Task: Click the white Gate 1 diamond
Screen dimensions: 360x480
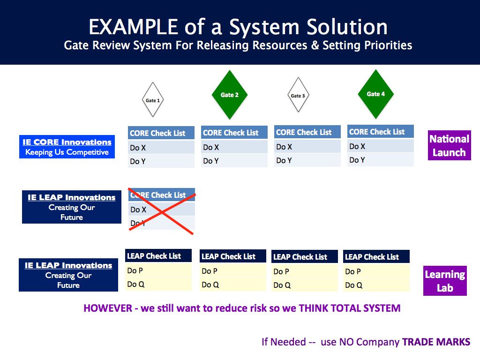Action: tap(153, 100)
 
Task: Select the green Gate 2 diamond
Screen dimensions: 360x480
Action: tap(230, 95)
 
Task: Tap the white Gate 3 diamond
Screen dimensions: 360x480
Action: tap(298, 96)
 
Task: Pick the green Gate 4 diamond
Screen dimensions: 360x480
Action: tap(376, 94)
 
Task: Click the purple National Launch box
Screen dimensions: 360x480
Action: tap(449, 145)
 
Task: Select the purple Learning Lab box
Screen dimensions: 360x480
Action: tap(445, 281)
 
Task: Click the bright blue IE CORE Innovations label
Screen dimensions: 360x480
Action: tap(67, 147)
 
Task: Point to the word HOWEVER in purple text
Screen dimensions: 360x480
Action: tap(108, 308)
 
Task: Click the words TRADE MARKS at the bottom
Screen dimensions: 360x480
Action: tap(436, 342)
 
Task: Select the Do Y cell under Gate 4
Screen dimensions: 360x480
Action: tap(381, 160)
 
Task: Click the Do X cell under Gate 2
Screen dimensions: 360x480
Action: tap(234, 147)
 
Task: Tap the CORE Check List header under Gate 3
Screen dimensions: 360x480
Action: tap(307, 132)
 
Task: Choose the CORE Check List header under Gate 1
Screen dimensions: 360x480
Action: tap(161, 133)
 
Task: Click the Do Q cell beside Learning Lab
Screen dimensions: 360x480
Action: tap(376, 285)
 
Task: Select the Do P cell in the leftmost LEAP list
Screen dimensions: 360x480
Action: tap(158, 270)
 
